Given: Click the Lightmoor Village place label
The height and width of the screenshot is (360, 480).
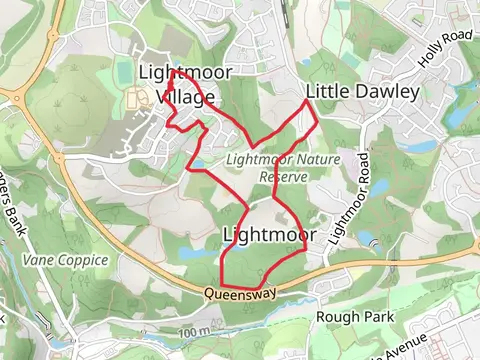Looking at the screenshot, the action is pos(186,84).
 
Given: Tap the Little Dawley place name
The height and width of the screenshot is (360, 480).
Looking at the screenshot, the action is pos(362,92).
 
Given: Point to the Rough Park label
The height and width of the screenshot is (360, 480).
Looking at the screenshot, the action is pos(355,317).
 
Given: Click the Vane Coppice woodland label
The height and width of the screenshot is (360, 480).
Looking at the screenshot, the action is pos(64,260).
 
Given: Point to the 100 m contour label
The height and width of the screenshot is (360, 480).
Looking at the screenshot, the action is pos(196,331).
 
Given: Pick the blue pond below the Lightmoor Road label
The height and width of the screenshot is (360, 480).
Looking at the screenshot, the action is pos(364,240).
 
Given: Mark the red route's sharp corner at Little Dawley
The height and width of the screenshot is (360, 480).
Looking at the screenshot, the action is pos(318,121).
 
